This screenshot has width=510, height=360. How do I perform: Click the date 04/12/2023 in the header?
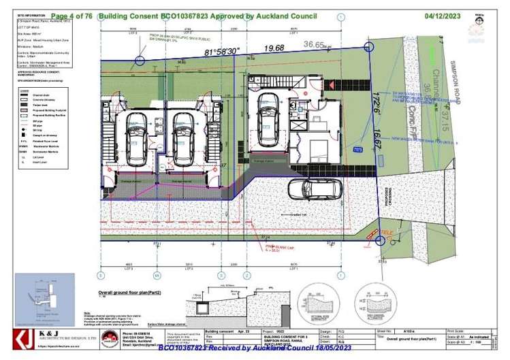pyautogui.click(x=443, y=14)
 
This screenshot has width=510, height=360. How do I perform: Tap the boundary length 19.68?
pyautogui.click(x=274, y=48)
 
